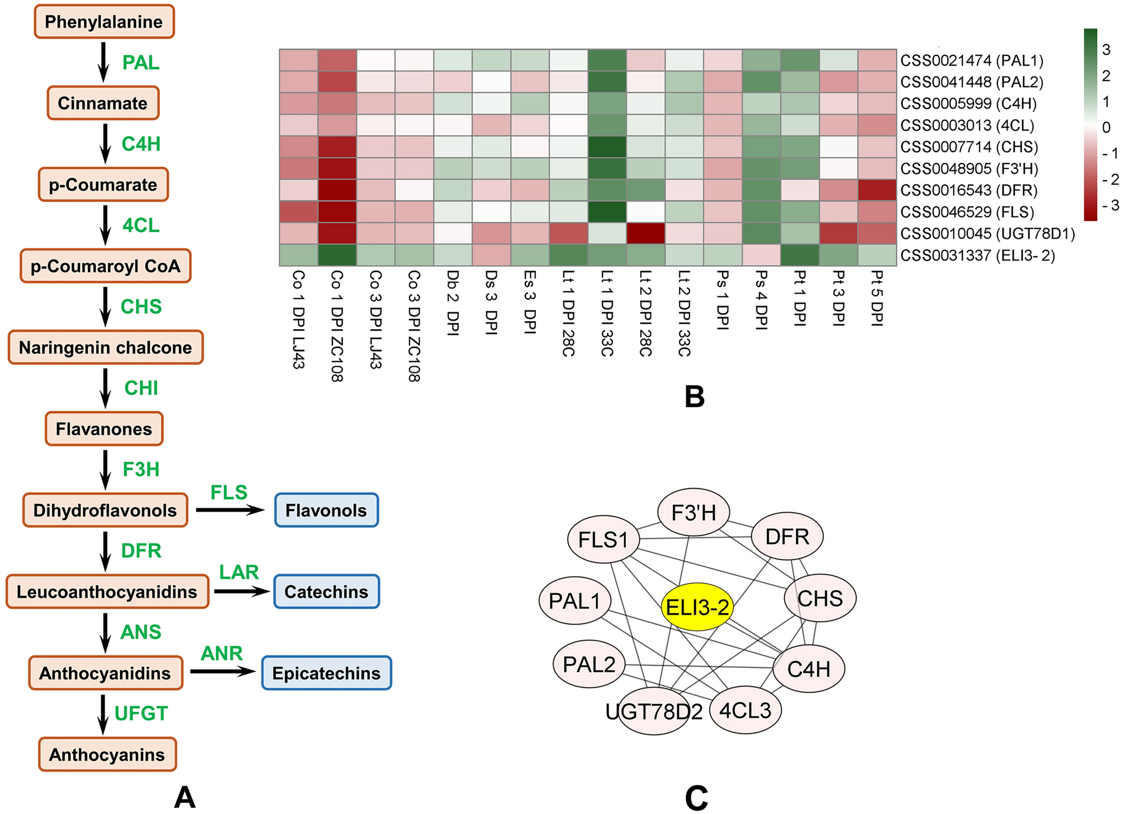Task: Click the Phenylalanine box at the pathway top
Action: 104,22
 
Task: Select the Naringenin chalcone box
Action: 105,347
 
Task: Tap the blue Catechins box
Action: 326,591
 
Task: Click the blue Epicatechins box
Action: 326,673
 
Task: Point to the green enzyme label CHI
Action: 141,388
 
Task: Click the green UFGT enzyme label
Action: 141,713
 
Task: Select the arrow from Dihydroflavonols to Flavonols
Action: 230,510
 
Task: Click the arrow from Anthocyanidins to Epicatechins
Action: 222,671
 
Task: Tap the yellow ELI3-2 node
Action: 697,607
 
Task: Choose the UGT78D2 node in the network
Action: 654,712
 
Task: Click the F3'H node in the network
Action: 693,512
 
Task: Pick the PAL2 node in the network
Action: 589,665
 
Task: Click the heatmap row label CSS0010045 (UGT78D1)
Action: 987,234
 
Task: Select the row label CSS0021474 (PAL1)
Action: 972,60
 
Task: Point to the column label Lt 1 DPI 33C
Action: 607,313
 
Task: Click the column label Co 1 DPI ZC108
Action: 337,325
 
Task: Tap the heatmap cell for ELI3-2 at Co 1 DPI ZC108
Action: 337,255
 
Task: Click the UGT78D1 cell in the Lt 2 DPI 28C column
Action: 645,234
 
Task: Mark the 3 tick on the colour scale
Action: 1106,50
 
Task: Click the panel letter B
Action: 694,397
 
